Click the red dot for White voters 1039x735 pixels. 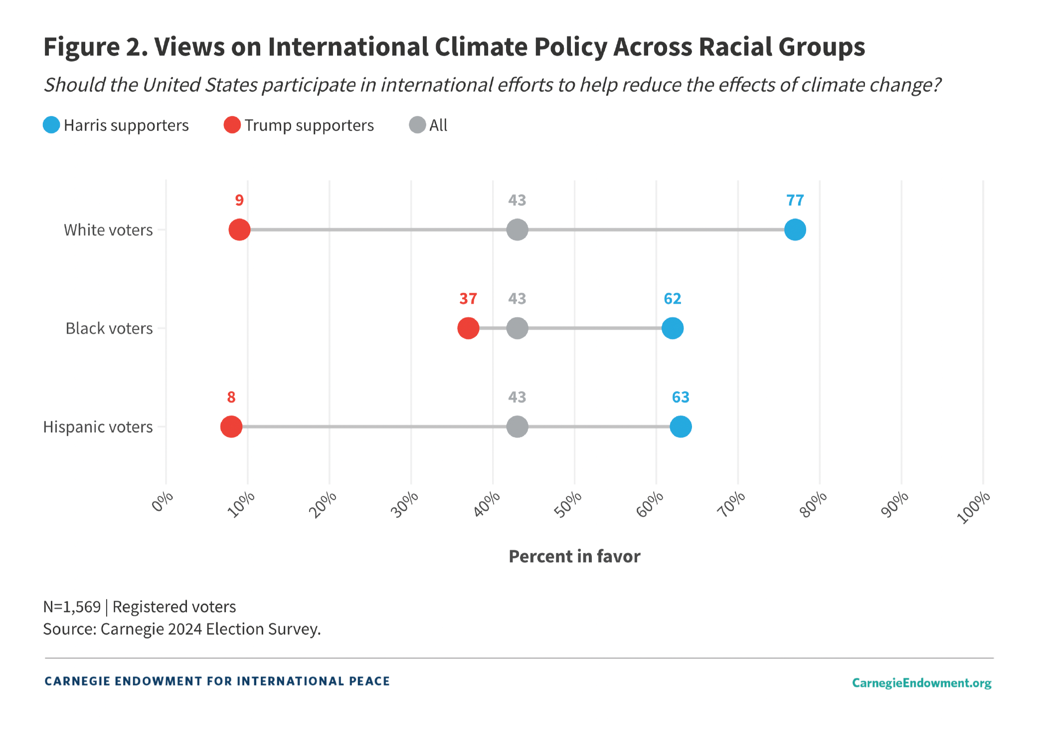coord(239,230)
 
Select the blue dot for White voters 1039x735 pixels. coord(795,230)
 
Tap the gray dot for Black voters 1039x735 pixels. coord(517,328)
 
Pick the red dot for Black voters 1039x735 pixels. coord(468,328)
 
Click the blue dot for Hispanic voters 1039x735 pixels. coord(681,427)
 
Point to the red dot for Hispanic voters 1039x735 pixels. coord(231,427)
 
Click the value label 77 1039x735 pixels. coord(795,200)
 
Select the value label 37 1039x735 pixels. coord(468,299)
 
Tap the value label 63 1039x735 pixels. coord(681,397)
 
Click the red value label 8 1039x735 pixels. coord(231,397)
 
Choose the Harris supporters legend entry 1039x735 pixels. coord(116,125)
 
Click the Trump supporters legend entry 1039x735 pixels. coord(299,125)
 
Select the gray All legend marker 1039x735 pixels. coord(417,125)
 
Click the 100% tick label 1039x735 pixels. coord(974,507)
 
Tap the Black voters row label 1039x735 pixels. coord(109,329)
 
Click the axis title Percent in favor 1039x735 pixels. coord(574,556)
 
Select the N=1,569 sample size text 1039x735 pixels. coord(72,607)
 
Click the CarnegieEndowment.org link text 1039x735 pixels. coord(921,683)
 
